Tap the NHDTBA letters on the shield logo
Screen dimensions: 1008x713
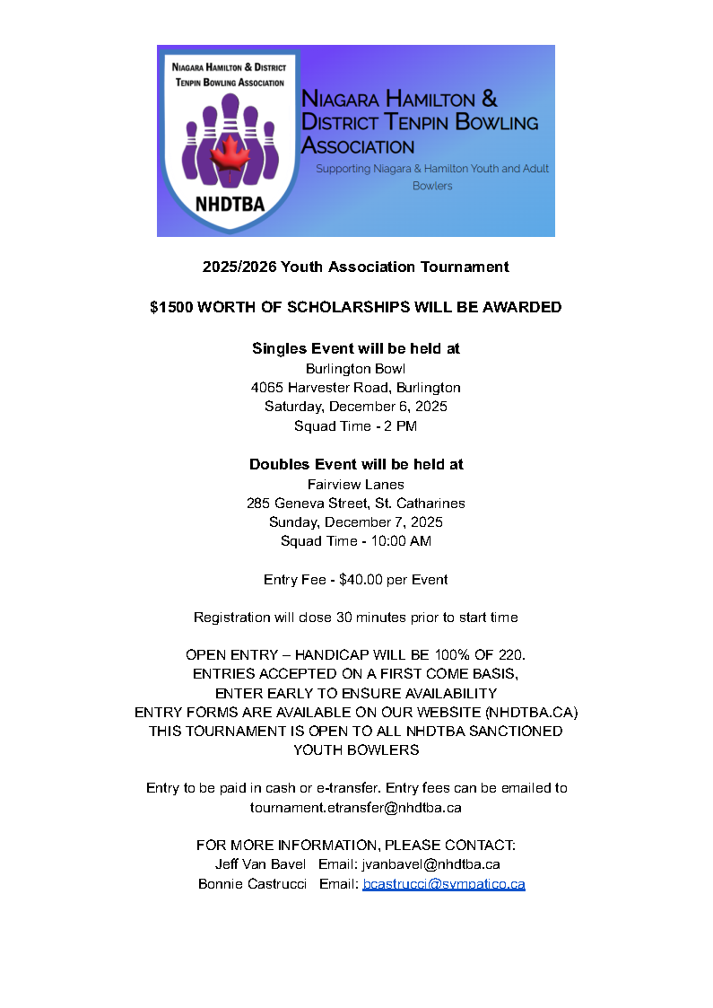coord(229,203)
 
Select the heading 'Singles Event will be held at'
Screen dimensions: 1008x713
coord(356,348)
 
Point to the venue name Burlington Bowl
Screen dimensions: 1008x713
coord(356,368)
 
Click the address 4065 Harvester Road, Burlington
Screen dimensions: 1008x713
coord(356,388)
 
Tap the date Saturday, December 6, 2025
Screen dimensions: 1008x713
coord(356,407)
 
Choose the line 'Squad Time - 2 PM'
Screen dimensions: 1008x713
coord(356,426)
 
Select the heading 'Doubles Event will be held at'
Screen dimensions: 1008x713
coord(356,465)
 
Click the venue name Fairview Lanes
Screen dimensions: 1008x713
coord(356,485)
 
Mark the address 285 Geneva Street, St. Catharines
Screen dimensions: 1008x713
coord(356,504)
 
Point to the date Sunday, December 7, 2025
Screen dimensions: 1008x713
coord(356,522)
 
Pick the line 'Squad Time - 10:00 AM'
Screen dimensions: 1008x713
coord(356,541)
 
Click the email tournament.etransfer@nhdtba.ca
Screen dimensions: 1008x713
coord(356,807)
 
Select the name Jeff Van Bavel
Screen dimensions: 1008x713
coord(260,864)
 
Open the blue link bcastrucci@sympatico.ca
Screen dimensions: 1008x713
coord(443,884)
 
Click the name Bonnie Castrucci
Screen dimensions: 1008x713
coord(252,884)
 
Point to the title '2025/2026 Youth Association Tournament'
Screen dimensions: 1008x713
coord(356,267)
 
